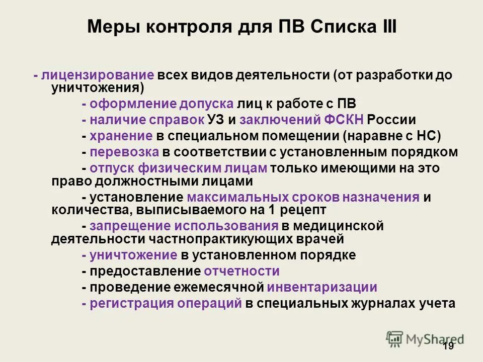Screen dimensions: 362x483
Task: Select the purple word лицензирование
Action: pyautogui.click(x=98, y=76)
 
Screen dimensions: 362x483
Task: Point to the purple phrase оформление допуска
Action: pyautogui.click(x=161, y=104)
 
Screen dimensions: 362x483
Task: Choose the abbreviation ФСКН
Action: pyautogui.click(x=344, y=120)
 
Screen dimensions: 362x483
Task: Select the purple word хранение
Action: pyautogui.click(x=121, y=136)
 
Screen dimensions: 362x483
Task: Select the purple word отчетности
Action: pyautogui.click(x=242, y=271)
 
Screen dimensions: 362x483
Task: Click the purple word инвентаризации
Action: pyautogui.click(x=322, y=288)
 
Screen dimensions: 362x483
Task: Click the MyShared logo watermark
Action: pyautogui.click(x=425, y=338)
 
